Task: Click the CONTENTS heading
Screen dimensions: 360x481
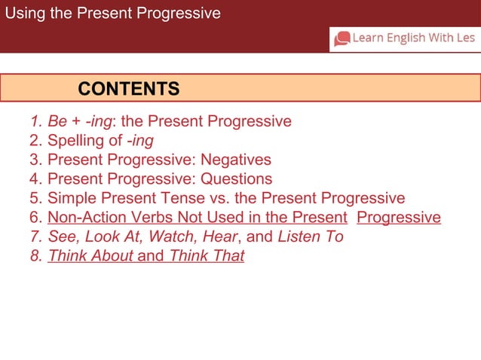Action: coord(129,89)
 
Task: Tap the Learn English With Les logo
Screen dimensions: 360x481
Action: coord(405,38)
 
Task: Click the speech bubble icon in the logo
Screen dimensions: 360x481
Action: coord(342,38)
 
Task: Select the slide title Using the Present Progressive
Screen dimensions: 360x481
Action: coord(113,14)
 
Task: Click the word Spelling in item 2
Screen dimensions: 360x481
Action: coord(75,141)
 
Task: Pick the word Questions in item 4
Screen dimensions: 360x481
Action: coord(236,179)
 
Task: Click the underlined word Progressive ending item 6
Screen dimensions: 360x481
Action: coord(399,218)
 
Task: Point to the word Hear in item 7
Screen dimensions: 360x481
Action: coord(220,237)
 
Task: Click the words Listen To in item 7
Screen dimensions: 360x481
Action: coord(311,237)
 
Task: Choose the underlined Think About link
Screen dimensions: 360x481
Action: coord(90,257)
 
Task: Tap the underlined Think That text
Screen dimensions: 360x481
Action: coord(207,257)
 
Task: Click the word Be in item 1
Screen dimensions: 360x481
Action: coord(57,121)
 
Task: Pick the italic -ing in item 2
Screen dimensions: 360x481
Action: coord(140,141)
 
